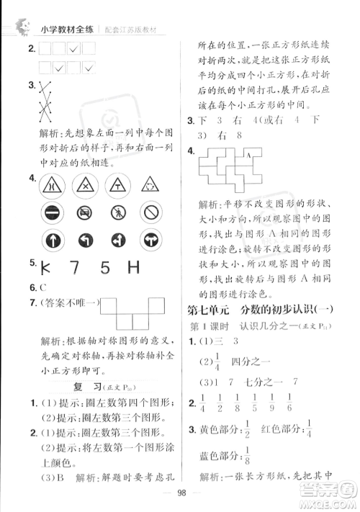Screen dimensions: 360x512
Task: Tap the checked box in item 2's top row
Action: (73, 50)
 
